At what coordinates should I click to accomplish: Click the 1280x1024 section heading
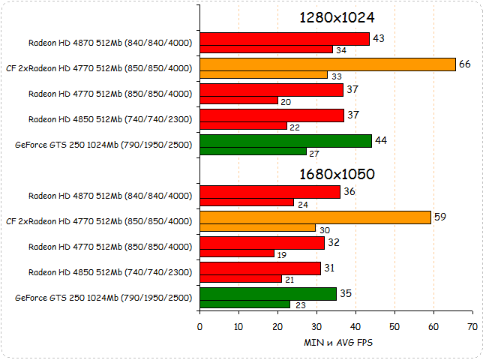(x=336, y=18)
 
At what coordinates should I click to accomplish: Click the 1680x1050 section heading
(x=336, y=174)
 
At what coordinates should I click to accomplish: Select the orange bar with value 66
(x=328, y=64)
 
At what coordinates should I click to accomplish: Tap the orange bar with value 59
(x=316, y=217)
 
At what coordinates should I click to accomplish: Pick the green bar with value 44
(x=286, y=141)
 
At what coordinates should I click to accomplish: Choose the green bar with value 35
(x=268, y=294)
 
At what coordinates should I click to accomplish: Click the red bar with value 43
(x=284, y=39)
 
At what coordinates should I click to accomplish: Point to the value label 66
(x=465, y=64)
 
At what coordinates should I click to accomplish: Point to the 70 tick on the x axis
(x=472, y=327)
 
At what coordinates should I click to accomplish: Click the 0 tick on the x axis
(x=199, y=327)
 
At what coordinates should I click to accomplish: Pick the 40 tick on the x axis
(x=355, y=327)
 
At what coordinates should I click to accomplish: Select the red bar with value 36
(x=270, y=192)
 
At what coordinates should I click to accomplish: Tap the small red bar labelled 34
(x=266, y=49)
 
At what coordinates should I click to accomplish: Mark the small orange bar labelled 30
(x=257, y=228)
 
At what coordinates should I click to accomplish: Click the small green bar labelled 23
(x=244, y=304)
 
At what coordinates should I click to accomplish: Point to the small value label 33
(x=337, y=76)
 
